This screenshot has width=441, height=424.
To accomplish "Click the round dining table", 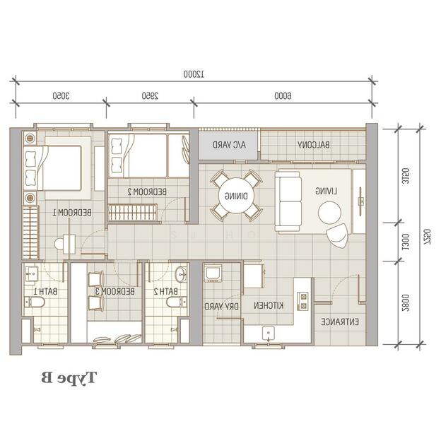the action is click(236, 196).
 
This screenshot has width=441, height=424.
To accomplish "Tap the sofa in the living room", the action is click(288, 201).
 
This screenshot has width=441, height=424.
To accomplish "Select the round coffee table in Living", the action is click(329, 213).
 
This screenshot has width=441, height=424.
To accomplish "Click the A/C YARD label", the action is click(229, 145).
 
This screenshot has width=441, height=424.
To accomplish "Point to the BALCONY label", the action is click(314, 145).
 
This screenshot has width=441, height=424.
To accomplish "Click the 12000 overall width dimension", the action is click(194, 74).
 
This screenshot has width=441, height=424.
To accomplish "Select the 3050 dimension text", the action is click(61, 96).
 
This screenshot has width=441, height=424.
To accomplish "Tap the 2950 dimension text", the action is click(150, 96).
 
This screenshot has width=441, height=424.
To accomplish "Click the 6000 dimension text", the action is click(283, 96).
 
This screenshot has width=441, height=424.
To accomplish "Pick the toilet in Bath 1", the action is click(35, 302).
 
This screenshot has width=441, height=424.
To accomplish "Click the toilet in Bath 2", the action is click(177, 302).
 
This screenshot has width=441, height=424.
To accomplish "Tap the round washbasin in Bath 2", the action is click(180, 273).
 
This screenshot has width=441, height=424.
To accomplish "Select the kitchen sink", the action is click(269, 334).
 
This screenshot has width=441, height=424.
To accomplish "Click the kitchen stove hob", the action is click(303, 301).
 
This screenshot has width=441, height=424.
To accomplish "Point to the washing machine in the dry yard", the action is click(213, 273).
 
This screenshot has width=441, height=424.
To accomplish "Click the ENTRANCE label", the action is click(340, 322).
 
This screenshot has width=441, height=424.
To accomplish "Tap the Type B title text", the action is click(69, 377).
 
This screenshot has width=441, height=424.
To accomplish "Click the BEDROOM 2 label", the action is click(147, 192).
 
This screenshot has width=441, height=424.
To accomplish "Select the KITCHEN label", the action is click(269, 305).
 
